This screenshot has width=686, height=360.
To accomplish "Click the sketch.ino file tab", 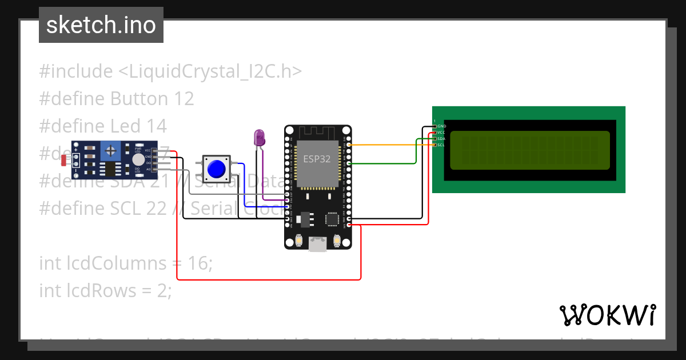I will tap(101, 25).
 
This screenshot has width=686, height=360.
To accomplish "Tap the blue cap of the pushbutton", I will tap(216, 169).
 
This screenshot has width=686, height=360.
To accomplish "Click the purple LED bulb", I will tap(259, 137).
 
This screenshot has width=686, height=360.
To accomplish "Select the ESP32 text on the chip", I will tap(317, 159).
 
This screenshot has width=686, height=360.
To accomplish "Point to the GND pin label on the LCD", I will tap(442, 126).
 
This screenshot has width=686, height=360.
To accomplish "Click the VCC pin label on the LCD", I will tap(442, 133).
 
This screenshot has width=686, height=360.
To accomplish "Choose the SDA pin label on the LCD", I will tap(442, 139).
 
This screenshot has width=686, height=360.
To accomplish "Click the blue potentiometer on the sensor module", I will tap(110, 151).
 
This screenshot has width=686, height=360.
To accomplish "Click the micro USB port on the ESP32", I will tap(318, 244).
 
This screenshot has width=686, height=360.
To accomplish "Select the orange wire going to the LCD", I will tap(389, 145).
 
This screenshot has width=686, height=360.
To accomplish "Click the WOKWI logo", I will tap(607, 315).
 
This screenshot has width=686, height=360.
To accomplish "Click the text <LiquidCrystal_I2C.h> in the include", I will tap(210, 71).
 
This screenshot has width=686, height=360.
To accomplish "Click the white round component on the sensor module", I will tap(138, 160).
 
